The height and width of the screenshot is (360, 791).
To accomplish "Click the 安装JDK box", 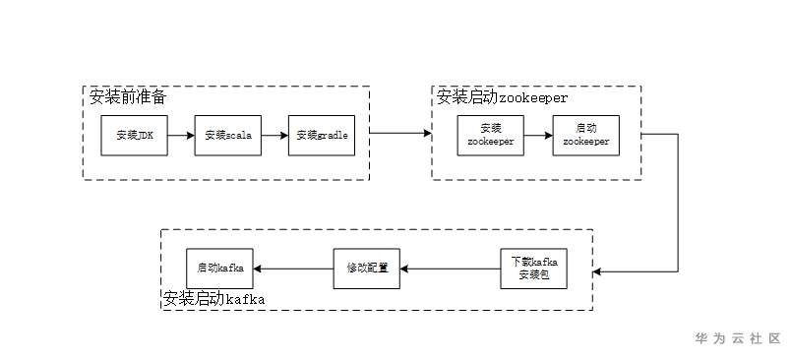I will point(134,136).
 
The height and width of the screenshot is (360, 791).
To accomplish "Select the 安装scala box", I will point(227,136).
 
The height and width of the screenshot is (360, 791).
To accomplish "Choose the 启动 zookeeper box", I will point(585,136).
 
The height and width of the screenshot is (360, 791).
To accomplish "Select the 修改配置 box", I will point(365,269).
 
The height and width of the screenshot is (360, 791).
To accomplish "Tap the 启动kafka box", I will point(219,269).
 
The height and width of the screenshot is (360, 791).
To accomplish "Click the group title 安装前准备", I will point(128,96).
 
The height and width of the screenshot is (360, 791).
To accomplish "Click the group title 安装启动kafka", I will point(213,298).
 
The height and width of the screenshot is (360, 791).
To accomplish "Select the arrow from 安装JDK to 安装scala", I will point(181,136).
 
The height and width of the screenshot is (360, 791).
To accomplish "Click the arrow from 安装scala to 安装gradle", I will point(274,136).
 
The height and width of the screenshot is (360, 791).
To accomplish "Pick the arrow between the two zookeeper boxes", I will point(537,136).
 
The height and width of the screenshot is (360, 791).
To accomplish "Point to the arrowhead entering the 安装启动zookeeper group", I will point(428,133).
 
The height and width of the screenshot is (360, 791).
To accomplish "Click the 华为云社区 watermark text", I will point(738,338).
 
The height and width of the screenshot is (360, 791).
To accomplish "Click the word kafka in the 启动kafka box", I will point(231,269).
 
